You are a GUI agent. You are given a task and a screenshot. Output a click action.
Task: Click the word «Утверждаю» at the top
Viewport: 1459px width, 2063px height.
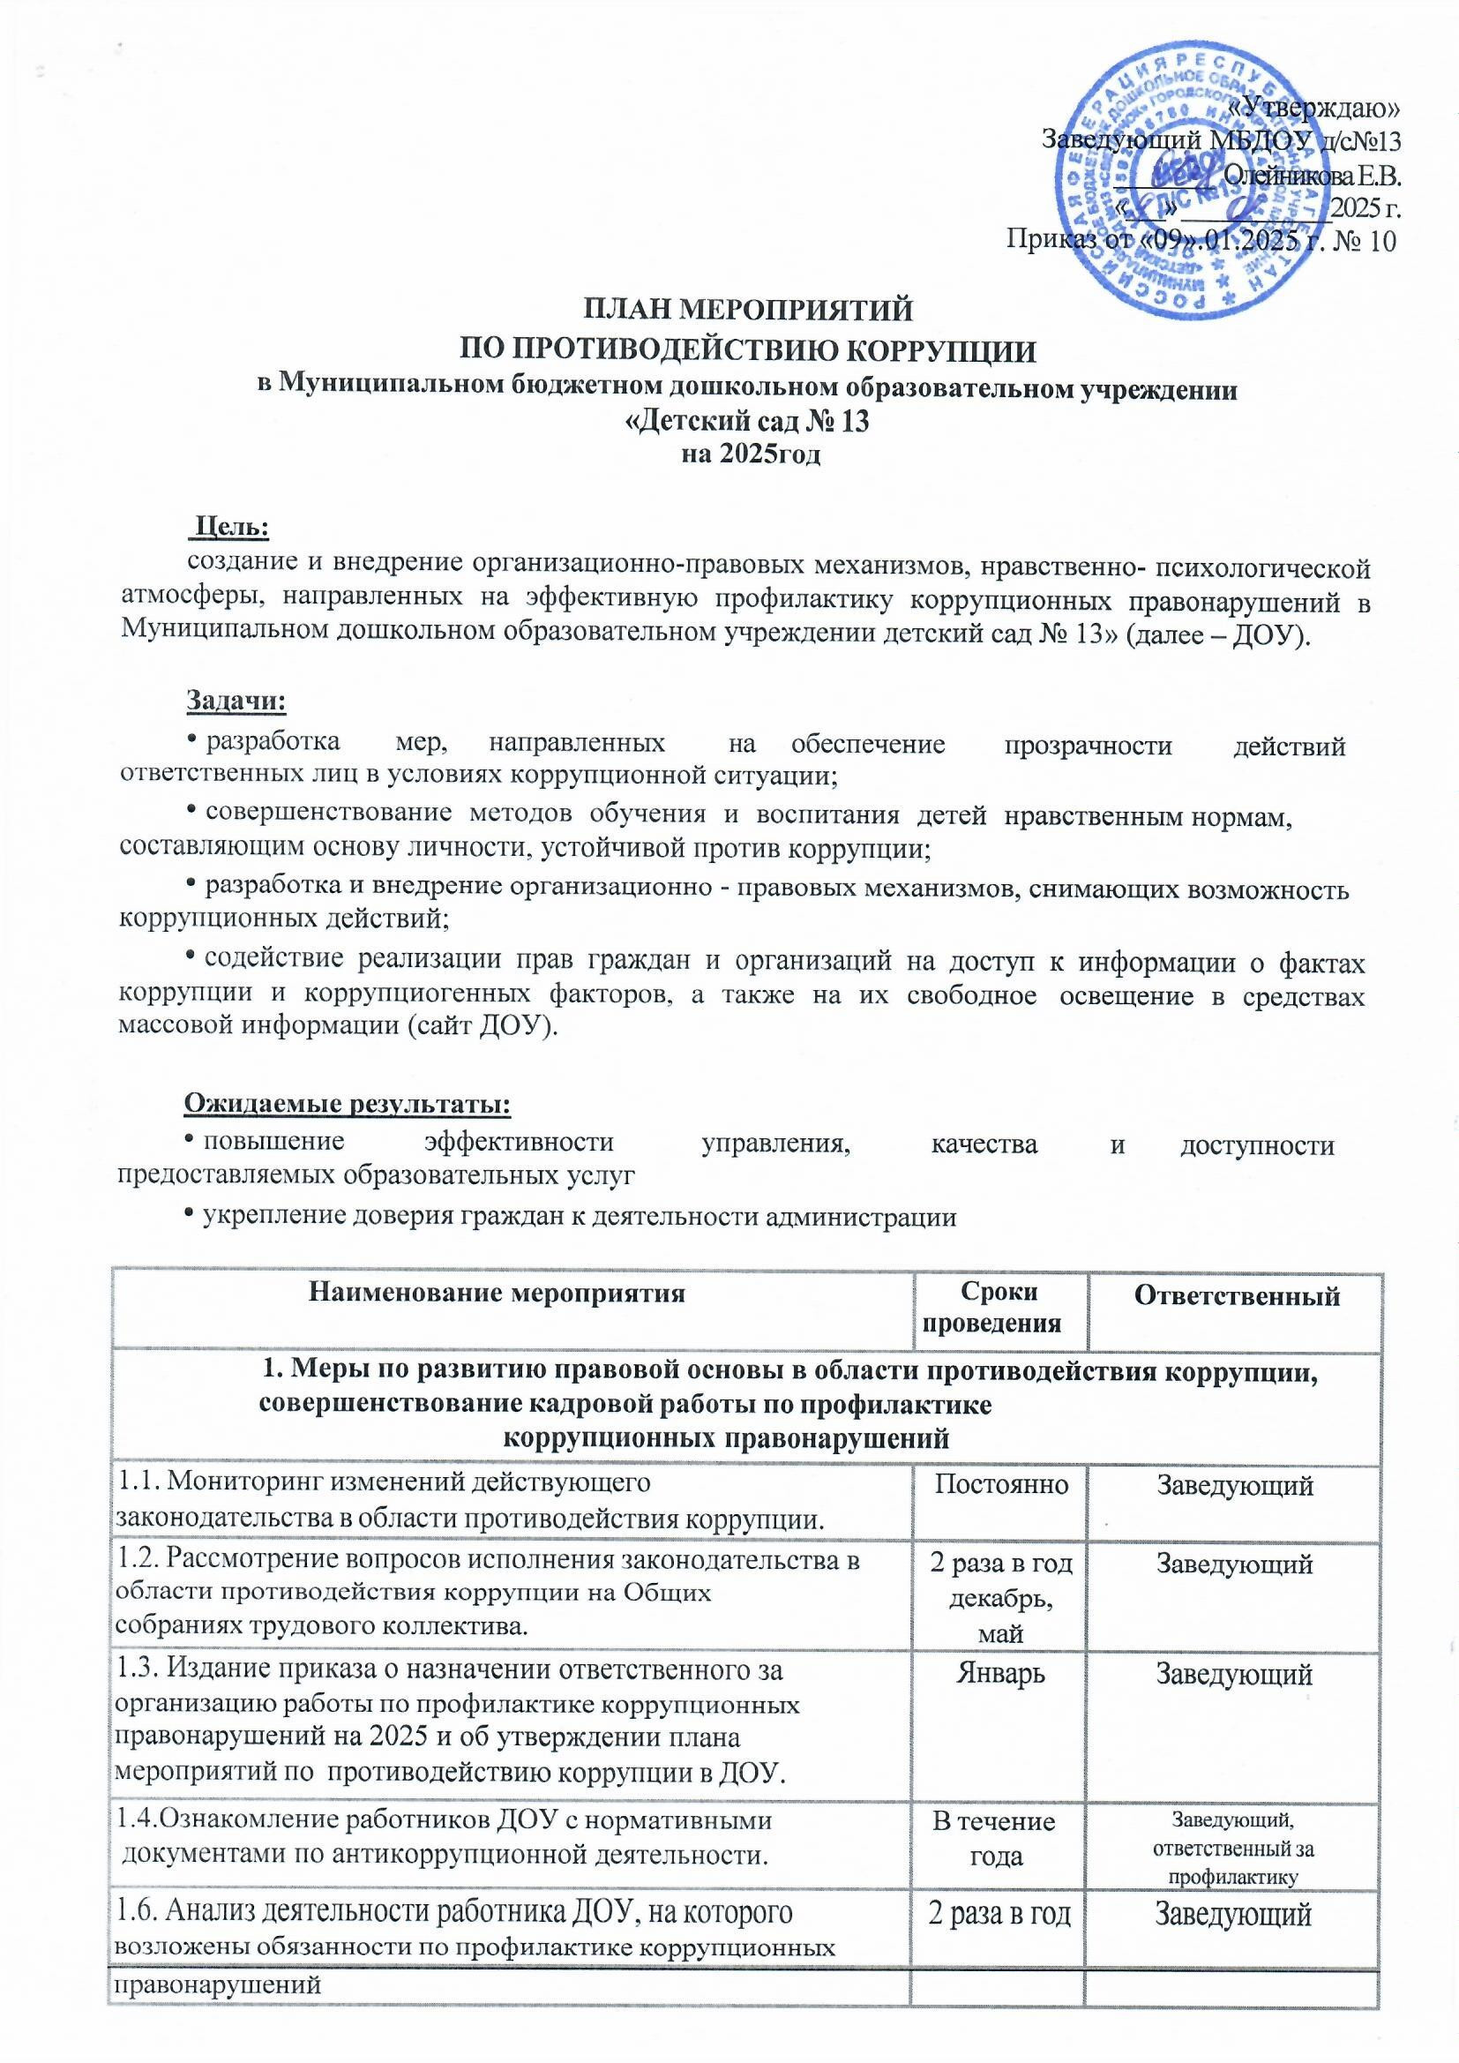coord(1336,109)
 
